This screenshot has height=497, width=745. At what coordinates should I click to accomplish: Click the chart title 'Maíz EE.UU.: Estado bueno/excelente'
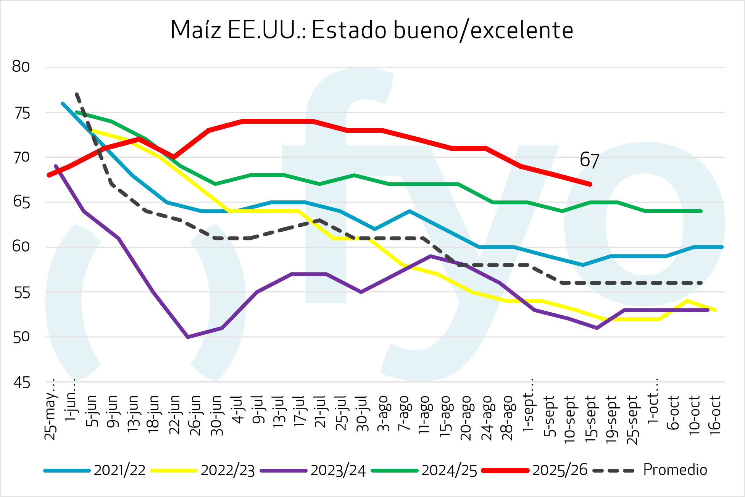point(372,30)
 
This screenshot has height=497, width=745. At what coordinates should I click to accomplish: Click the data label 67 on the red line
point(589,160)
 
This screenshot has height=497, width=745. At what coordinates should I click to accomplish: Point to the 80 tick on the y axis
point(21,67)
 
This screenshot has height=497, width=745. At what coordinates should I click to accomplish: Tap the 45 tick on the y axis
point(21,382)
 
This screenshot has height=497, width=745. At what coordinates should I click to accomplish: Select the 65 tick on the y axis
point(21,202)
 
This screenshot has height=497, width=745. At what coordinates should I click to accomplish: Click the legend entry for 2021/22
point(119,470)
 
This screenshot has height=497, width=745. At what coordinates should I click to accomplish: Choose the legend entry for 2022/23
point(227,470)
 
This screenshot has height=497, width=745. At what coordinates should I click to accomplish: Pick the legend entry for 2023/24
point(338,470)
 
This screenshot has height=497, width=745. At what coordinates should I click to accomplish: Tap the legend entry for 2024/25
point(449,470)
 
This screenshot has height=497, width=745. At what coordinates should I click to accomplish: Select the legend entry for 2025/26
point(560,470)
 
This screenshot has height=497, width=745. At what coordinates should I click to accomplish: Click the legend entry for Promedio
point(675,470)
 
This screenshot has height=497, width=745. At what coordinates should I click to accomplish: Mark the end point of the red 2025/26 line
point(590,184)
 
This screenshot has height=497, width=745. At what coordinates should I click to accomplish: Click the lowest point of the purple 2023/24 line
point(188,337)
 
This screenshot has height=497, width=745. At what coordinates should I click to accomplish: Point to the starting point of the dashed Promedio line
point(77,94)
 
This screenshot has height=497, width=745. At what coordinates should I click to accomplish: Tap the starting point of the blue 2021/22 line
point(63,103)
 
